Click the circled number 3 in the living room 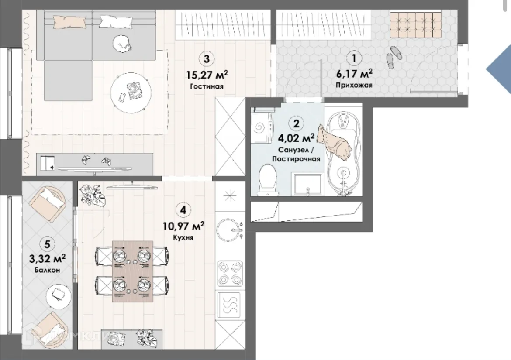pyautogui.click(x=207, y=59)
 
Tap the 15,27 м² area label pyautogui.click(x=207, y=75)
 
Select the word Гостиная pyautogui.click(x=207, y=86)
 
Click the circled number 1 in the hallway pyautogui.click(x=354, y=58)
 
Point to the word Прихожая pyautogui.click(x=354, y=85)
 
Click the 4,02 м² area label pyautogui.click(x=296, y=138)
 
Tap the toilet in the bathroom pyautogui.click(x=268, y=180)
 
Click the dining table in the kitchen pyautogui.click(x=133, y=271)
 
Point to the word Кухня pyautogui.click(x=183, y=238)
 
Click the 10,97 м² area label pyautogui.click(x=183, y=226)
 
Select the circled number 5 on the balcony pyautogui.click(x=47, y=244)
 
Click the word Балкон pyautogui.click(x=48, y=270)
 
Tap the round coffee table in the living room pyautogui.click(x=131, y=93)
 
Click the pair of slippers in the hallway pyautogui.click(x=394, y=57)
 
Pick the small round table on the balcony pyautogui.click(x=59, y=296)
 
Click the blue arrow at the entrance pyautogui.click(x=499, y=69)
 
